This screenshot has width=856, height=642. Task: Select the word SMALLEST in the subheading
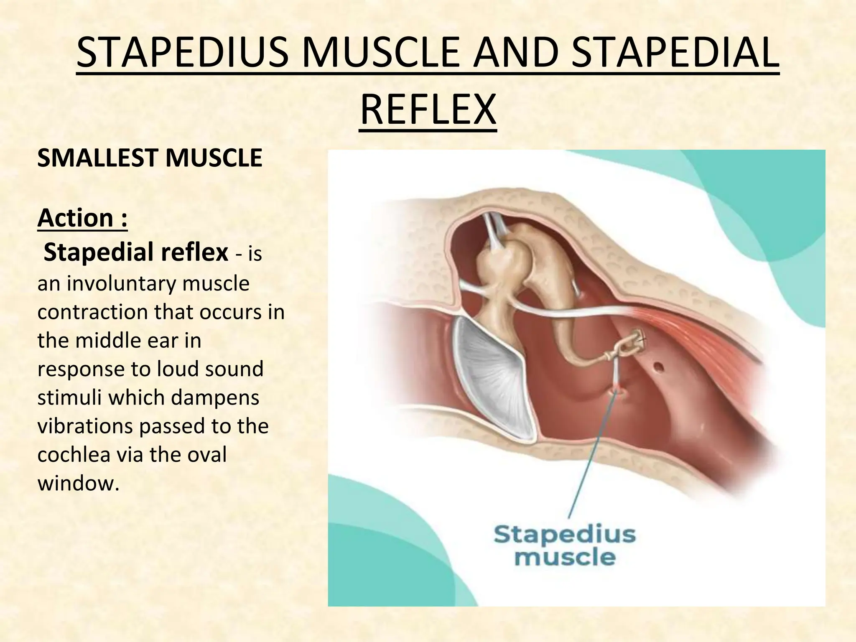pos(98,158)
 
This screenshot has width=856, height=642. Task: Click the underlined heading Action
pos(82,218)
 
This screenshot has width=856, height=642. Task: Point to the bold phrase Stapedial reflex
pos(136,252)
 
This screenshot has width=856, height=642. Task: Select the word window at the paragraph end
pos(75,483)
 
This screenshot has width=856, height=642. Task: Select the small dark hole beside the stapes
pos(659,368)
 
